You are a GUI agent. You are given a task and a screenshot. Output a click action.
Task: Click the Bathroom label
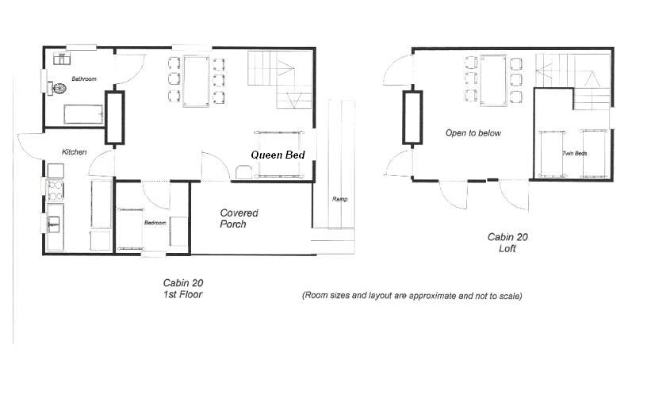[x=84, y=79]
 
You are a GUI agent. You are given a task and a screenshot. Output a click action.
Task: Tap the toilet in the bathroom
[x=57, y=89]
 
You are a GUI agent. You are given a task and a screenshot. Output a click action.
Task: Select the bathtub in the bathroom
[x=83, y=114]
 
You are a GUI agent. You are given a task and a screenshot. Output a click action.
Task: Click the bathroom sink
[x=61, y=59]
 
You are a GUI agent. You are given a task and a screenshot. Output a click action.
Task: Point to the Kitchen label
[x=75, y=152]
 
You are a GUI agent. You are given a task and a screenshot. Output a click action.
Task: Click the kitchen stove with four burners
[x=56, y=190]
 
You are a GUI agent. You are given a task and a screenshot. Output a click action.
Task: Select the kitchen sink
[x=55, y=224]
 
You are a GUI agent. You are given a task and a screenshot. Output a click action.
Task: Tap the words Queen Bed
[x=278, y=155]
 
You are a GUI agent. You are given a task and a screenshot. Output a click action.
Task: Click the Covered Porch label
[x=239, y=218]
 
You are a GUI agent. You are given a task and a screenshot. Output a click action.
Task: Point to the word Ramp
[x=339, y=199]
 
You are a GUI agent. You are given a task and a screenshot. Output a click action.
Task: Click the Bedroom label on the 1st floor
[x=155, y=223]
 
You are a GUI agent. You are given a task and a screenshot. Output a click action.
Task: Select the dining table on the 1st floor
[x=197, y=81]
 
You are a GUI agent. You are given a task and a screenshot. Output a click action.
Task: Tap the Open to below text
[x=473, y=133]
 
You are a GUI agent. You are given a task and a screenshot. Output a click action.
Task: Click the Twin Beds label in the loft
[x=575, y=153]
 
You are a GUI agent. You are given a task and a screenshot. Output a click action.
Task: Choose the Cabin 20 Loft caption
[x=507, y=243]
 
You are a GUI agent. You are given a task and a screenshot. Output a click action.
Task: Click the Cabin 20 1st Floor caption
[x=182, y=289]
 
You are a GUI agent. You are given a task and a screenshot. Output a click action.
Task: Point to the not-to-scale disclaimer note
[x=412, y=296]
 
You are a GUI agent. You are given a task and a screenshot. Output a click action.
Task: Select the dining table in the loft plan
[x=494, y=81]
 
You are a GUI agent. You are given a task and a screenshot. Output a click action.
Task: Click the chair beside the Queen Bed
[x=243, y=172]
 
